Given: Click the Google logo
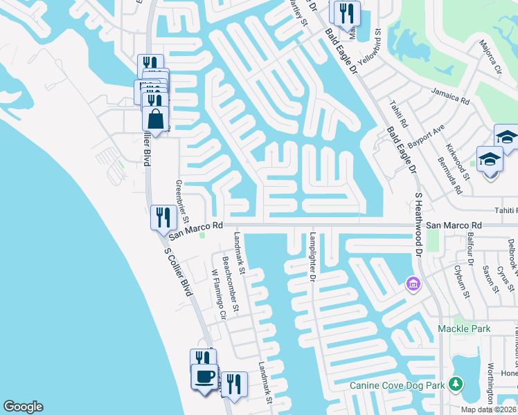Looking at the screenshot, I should [x=23, y=407].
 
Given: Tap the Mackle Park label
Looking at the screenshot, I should [x=463, y=329].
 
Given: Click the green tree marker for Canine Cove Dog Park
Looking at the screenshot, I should [x=456, y=383].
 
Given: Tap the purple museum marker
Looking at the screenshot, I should [x=413, y=284].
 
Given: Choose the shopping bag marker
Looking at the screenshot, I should [x=155, y=118].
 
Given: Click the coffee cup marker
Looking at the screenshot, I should [x=204, y=377].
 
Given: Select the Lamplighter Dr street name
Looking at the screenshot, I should [x=312, y=257].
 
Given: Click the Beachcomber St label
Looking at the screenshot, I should [x=230, y=284].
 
